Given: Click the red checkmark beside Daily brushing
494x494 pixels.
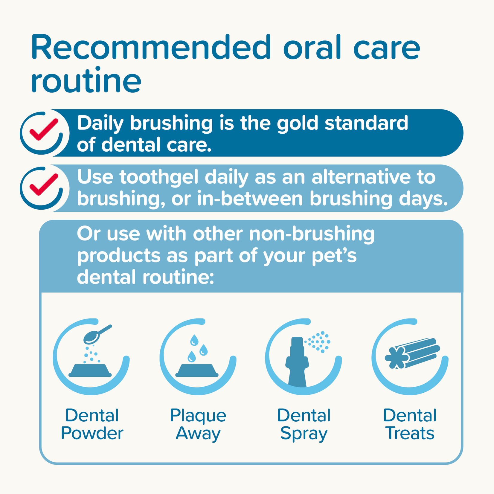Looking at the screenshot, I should [x=44, y=129].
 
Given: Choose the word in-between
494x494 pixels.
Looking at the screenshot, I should [x=250, y=199].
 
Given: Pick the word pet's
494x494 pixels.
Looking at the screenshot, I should [x=334, y=256].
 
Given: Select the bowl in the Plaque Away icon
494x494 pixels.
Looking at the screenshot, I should [x=197, y=370].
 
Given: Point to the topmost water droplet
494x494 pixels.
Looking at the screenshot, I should [x=194, y=340].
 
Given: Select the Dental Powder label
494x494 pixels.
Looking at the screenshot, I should [x=92, y=424].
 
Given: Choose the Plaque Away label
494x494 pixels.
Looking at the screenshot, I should [x=198, y=424].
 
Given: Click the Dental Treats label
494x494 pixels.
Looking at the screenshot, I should [x=410, y=424].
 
